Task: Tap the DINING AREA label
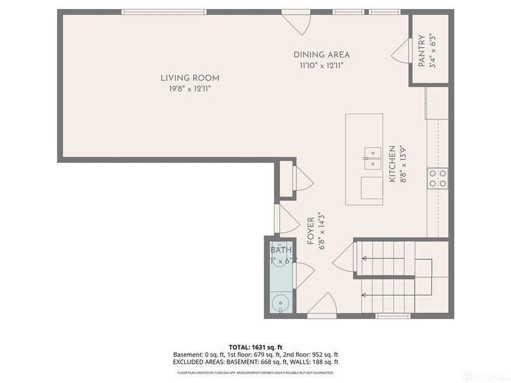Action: point(321,55)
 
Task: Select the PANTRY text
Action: point(421,50)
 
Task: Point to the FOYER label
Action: point(310,231)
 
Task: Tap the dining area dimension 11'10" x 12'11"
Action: point(321,65)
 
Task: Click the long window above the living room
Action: point(164,11)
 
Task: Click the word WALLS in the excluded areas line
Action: point(291,362)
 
